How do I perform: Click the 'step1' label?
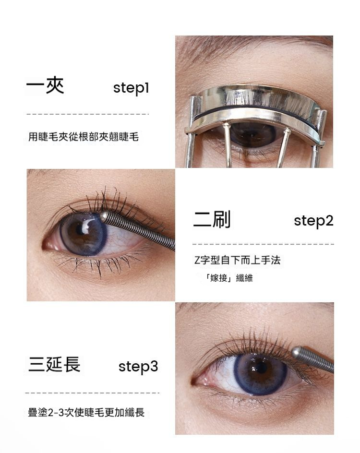click(131, 88)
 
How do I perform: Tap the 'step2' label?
click(313, 221)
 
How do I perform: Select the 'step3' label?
click(138, 366)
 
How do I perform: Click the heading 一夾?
click(45, 85)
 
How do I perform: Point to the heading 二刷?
click(212, 219)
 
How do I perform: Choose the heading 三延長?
click(54, 364)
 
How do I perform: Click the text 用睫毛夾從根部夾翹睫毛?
click(84, 137)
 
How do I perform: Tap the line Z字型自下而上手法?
click(237, 260)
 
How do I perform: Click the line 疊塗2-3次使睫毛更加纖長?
click(86, 412)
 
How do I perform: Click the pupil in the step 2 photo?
click(80, 230)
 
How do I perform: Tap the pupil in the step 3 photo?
click(261, 368)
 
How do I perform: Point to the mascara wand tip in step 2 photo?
click(104, 216)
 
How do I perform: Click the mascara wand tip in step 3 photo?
click(296, 351)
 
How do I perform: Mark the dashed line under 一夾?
click(87, 114)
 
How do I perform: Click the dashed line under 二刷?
click(263, 244)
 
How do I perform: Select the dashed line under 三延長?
click(92, 393)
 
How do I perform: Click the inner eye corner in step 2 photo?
click(46, 246)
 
